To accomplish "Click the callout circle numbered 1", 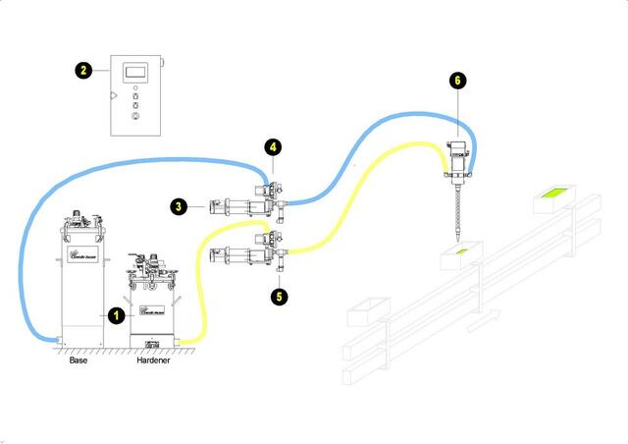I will [x=116, y=315].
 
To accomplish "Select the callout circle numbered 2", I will [x=84, y=70].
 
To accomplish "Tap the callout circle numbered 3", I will [x=179, y=206].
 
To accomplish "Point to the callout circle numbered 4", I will [x=274, y=148].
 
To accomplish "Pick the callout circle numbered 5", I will [x=280, y=293].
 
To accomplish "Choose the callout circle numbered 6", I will [x=454, y=79].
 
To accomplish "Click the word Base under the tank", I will [x=78, y=361].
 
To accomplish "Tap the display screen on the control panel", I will [x=135, y=72].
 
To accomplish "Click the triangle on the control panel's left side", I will [x=115, y=96].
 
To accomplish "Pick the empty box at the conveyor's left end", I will [x=365, y=311].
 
